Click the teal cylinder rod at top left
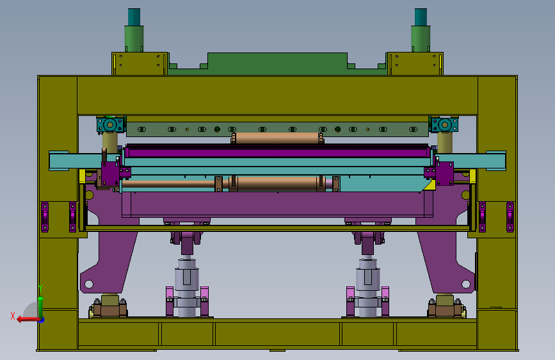tap(134, 17)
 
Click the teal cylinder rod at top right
tap(421, 17)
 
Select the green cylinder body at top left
tap(134, 38)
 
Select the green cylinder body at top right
tap(421, 38)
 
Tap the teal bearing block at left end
tap(111, 125)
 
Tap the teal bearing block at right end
tap(444, 125)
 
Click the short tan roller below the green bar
tap(277, 138)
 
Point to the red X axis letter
tap(13, 316)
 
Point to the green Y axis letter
tap(40, 288)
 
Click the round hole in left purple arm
tap(89, 284)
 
